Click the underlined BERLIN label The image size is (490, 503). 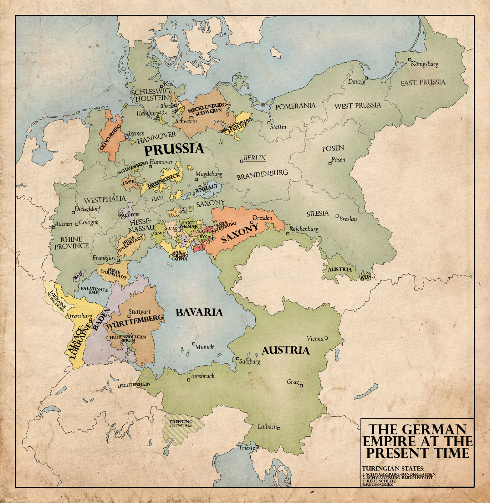254,158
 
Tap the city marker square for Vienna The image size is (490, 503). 326,338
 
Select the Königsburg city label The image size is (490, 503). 424,64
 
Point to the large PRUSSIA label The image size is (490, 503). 174,150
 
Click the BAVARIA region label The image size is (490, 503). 199,312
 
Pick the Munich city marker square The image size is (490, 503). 194,344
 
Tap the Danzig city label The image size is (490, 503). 357,82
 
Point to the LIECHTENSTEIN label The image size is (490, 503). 134,384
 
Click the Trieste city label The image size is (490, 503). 247,448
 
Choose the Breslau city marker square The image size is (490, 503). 337,216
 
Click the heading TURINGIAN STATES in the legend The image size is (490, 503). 393,469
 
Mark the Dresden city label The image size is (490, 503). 262,218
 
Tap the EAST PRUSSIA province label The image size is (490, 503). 423,82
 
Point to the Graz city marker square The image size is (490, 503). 301,386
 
